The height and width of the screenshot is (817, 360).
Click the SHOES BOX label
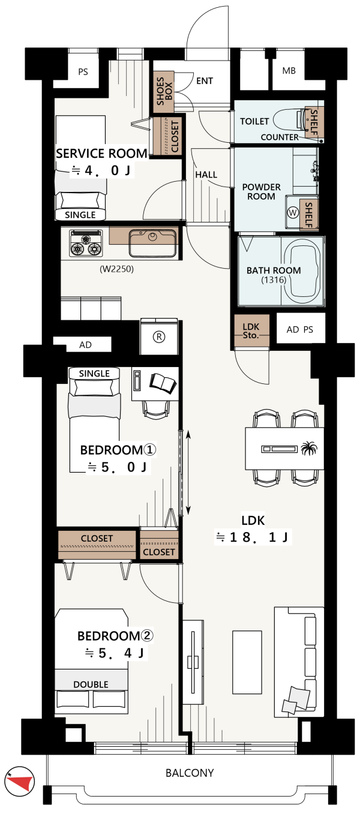(x=164, y=91)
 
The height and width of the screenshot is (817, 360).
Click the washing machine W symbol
(x=293, y=212)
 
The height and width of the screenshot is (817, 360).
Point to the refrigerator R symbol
(x=159, y=337)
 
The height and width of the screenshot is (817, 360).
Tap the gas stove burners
(x=86, y=242)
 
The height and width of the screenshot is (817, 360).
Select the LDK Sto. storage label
(x=251, y=331)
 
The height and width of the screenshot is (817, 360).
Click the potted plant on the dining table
(x=310, y=447)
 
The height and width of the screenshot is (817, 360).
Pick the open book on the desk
(x=163, y=383)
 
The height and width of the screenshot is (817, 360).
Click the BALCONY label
(x=190, y=773)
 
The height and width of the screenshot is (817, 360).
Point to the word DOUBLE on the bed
(x=91, y=684)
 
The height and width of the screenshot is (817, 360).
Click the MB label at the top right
(x=289, y=71)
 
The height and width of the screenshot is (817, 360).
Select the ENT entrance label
(x=204, y=80)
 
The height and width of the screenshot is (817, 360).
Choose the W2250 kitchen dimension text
(x=117, y=269)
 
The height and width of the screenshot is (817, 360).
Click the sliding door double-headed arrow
(x=188, y=472)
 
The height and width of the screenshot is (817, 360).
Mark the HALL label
(x=206, y=175)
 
